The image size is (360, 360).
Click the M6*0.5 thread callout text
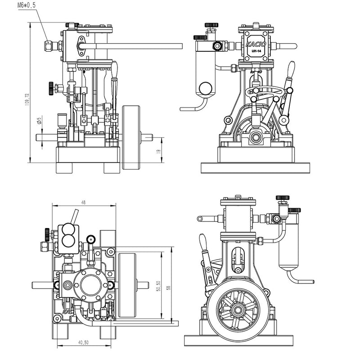tap(26, 5)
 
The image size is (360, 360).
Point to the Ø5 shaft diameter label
tap(40, 121)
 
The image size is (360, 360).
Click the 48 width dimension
tap(83, 202)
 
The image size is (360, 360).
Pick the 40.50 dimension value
tap(83, 342)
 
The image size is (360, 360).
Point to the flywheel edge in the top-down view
tap(126, 284)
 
